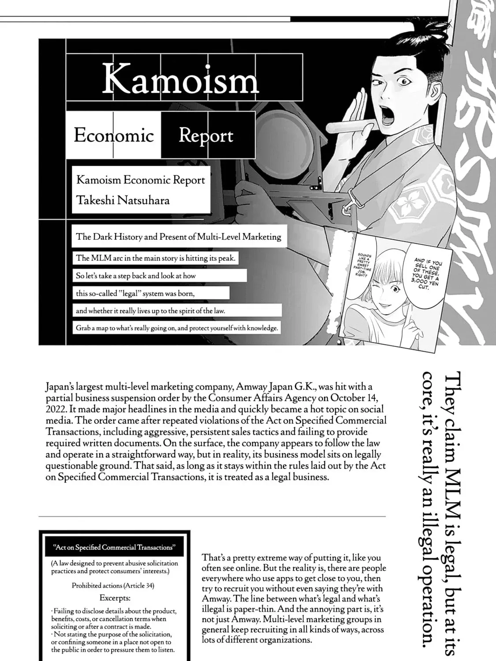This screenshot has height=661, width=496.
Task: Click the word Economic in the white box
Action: tap(114, 135)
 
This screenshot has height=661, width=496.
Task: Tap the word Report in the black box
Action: tap(206, 135)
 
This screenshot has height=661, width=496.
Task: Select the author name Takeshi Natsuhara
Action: tap(123, 200)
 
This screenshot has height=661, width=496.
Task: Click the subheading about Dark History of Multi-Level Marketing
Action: tap(178, 237)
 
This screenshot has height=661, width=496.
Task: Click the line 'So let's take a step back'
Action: tap(136, 276)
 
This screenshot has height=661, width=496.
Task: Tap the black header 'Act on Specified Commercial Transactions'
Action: tap(114, 547)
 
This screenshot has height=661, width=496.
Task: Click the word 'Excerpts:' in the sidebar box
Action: tap(115, 598)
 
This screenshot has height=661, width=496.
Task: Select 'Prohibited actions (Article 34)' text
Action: tap(113, 586)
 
